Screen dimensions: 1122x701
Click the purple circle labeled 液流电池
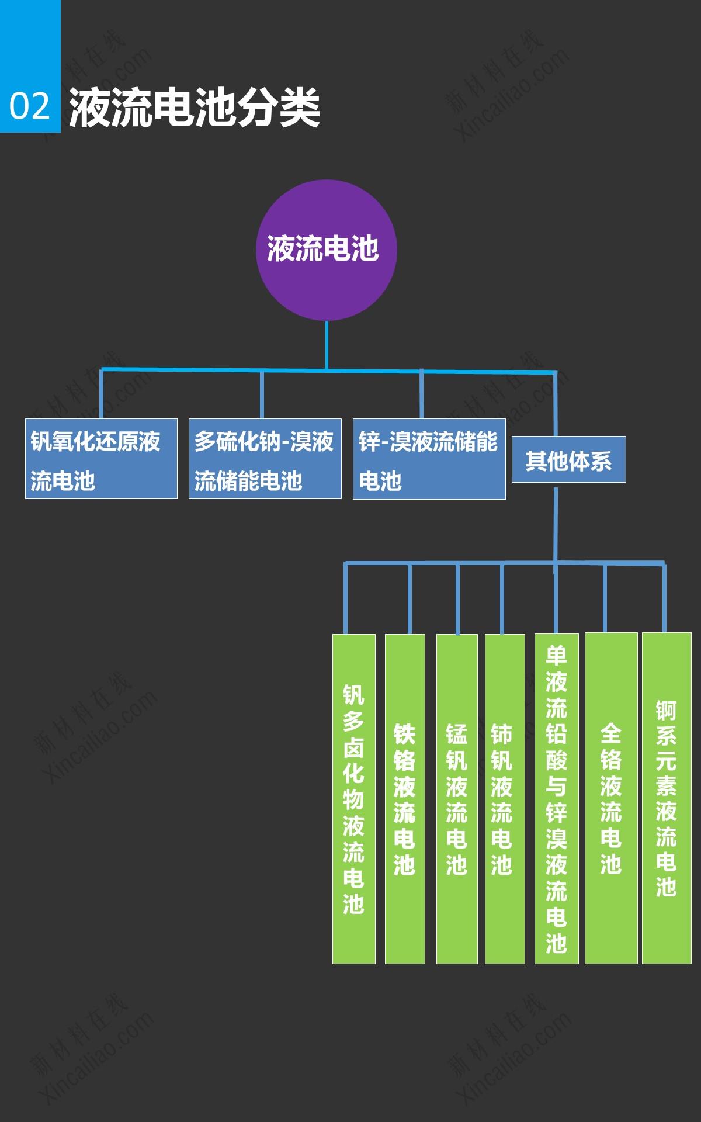(327, 250)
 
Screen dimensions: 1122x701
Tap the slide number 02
(30, 106)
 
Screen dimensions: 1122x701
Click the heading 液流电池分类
(195, 108)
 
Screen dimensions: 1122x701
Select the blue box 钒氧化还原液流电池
(101, 459)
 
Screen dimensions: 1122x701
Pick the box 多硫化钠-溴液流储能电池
(265, 459)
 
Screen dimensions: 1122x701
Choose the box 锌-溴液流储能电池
(429, 459)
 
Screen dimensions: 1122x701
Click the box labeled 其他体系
(568, 459)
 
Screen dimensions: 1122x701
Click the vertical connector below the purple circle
(327, 345)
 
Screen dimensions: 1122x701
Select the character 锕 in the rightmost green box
(666, 711)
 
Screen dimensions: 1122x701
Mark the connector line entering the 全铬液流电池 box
(605, 599)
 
